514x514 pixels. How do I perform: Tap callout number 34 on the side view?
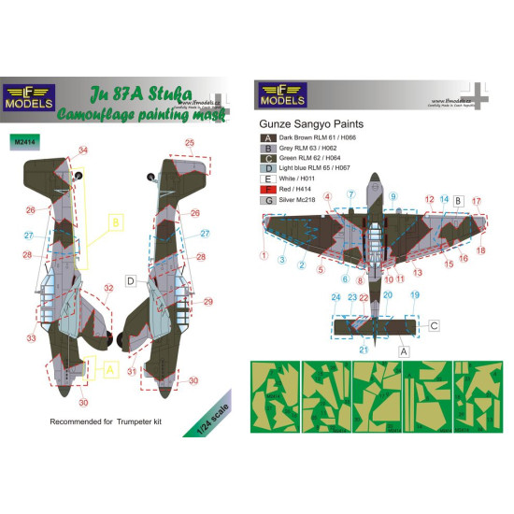pyautogui.click(x=84, y=150)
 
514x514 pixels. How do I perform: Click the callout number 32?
pyautogui.click(x=108, y=288)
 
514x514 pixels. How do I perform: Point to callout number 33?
pyautogui.click(x=30, y=337)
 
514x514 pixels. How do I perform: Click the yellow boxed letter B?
pyautogui.click(x=117, y=223)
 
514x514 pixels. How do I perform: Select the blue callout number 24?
pyautogui.click(x=336, y=297)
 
